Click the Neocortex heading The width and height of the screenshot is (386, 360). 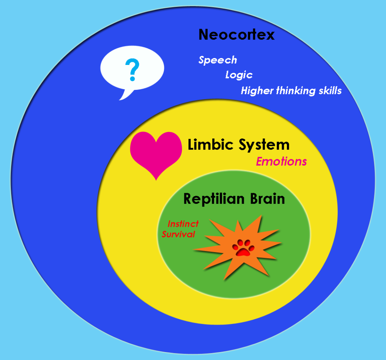click(236, 35)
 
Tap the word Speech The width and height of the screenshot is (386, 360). click(218, 60)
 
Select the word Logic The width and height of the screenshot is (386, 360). click(239, 75)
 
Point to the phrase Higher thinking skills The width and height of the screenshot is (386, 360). click(291, 91)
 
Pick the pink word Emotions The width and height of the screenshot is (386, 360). click(281, 162)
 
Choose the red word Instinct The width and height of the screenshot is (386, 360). click(183, 224)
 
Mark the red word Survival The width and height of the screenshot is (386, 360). click(178, 234)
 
